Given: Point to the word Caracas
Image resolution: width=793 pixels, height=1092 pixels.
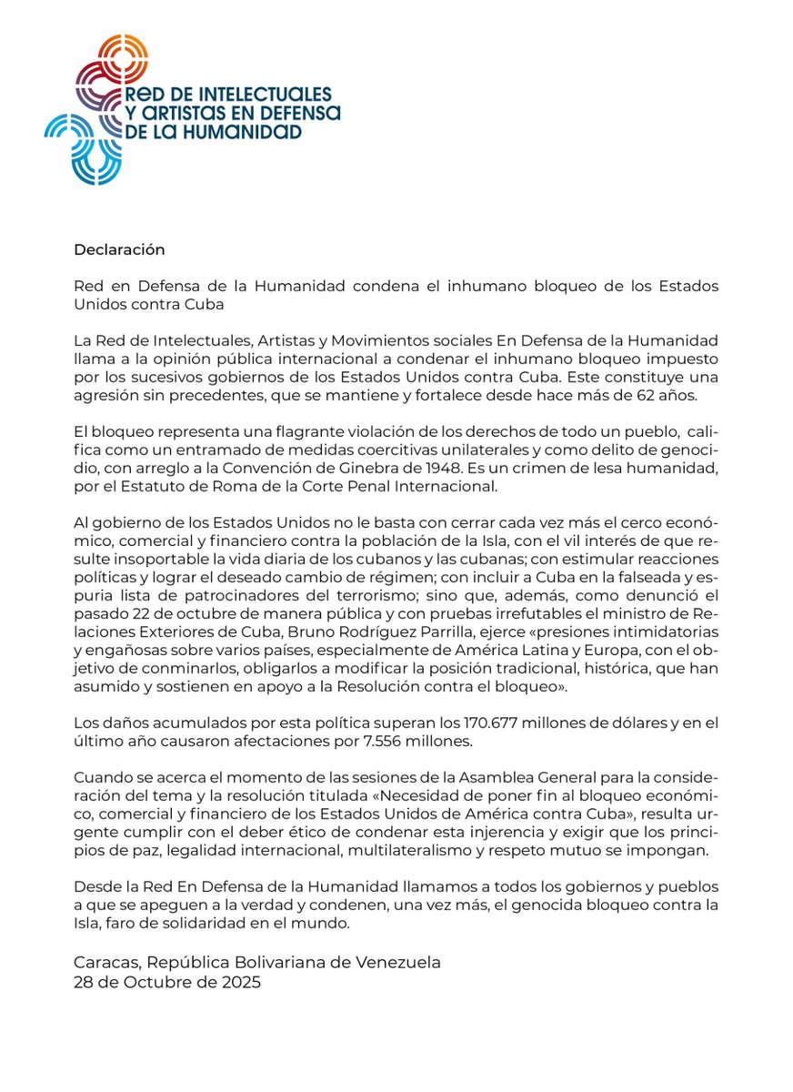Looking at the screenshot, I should (105, 962).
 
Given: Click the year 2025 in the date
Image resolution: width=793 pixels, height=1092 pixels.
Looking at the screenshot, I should (241, 982).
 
